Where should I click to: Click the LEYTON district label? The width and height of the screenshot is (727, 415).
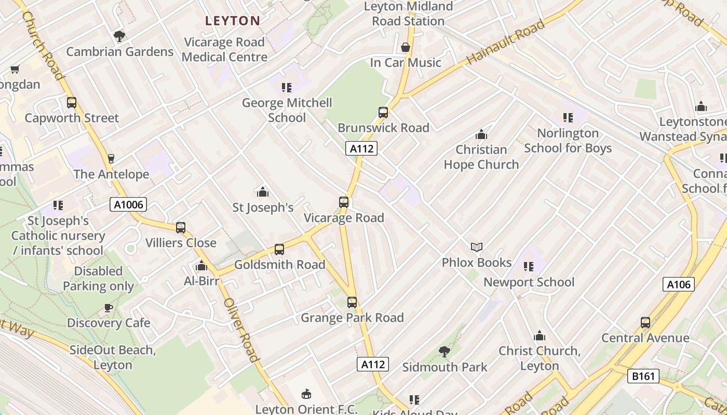(x=232, y=21)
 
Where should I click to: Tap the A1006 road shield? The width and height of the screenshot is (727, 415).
(x=128, y=205)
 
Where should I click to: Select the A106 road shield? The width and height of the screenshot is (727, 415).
(x=678, y=284)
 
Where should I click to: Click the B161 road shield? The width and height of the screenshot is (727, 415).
(x=643, y=376)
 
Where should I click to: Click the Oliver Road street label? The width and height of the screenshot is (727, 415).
(x=241, y=330)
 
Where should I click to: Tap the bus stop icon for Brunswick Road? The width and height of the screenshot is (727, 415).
(x=383, y=112)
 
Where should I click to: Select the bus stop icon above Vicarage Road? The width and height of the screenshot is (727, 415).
(x=343, y=202)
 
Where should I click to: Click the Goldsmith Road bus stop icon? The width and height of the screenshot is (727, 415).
(x=279, y=250)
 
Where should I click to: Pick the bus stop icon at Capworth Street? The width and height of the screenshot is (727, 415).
(x=72, y=103)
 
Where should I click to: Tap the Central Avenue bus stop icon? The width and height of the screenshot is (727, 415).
(x=645, y=323)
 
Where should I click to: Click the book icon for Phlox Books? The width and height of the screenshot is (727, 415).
(x=476, y=247)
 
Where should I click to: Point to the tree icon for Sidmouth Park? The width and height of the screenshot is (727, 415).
(x=444, y=352)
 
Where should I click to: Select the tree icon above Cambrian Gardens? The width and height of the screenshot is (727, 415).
(x=119, y=36)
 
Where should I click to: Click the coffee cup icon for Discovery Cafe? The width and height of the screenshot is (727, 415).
(x=109, y=308)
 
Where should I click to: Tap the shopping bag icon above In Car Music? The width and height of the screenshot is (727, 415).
(x=406, y=48)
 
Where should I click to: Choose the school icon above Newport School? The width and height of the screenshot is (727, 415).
(x=529, y=267)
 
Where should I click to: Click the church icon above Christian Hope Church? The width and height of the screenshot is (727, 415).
(x=481, y=134)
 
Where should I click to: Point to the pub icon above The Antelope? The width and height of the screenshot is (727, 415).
(x=111, y=158)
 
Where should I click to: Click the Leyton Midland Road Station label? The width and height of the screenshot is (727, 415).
(x=408, y=14)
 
